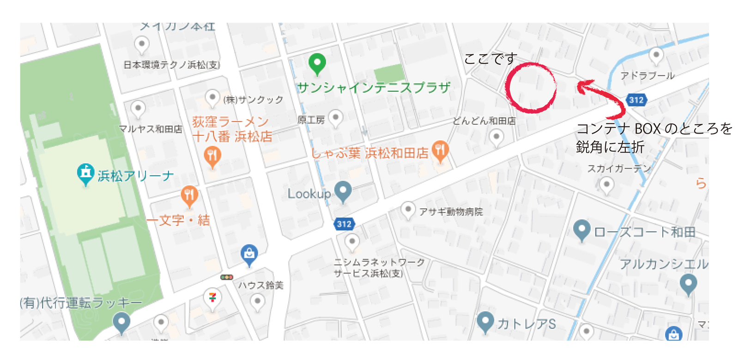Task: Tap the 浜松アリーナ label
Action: [136, 176]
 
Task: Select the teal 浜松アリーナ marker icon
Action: [85, 173]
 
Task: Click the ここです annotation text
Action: [491, 59]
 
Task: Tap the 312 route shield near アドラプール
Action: [636, 99]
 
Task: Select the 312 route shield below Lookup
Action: [344, 224]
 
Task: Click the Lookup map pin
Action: [343, 191]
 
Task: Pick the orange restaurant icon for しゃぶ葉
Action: [440, 150]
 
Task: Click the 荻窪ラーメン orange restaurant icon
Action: [212, 155]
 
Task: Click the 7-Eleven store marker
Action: [212, 298]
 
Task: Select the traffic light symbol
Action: [227, 277]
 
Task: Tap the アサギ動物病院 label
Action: [451, 212]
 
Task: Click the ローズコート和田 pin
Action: [582, 229]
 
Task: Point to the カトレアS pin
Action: [485, 321]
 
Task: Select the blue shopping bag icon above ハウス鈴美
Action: [249, 254]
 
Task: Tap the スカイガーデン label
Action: [619, 169]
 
